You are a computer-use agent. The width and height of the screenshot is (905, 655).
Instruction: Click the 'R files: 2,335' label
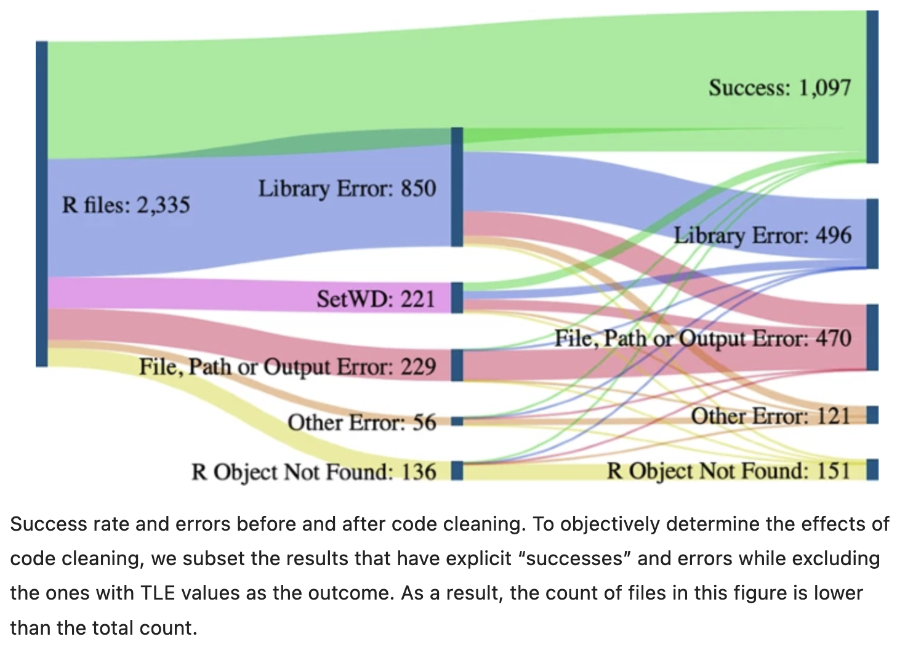[x=126, y=205]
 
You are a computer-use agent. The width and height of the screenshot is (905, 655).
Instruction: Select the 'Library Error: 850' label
[x=347, y=188]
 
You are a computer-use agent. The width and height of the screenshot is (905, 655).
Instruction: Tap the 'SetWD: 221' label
[x=376, y=299]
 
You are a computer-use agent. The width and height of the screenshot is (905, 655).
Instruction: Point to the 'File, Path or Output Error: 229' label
[x=287, y=367]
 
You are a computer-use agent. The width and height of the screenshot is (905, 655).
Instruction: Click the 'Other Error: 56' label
[x=361, y=423]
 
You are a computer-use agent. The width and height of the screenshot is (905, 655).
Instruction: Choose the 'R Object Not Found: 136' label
[x=313, y=472]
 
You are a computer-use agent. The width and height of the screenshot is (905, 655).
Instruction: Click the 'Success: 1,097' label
[x=779, y=87]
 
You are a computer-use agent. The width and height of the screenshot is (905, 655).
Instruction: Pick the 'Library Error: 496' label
[x=762, y=235]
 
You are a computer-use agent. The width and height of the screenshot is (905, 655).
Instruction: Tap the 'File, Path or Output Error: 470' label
[x=702, y=339]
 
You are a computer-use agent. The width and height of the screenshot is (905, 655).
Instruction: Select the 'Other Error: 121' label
[x=770, y=416]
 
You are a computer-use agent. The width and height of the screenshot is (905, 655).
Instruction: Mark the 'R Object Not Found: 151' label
[x=728, y=471]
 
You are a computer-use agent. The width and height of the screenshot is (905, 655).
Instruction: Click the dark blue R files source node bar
[x=41, y=204]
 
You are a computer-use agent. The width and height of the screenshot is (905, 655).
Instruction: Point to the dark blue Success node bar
[x=872, y=87]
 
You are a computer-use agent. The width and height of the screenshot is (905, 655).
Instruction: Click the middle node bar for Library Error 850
[x=457, y=187]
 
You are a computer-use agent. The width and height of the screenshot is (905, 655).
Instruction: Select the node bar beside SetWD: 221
[x=457, y=298]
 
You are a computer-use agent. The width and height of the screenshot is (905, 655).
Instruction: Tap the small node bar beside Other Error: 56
[x=457, y=422]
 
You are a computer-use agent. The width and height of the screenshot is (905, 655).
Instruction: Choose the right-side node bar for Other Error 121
[x=872, y=415]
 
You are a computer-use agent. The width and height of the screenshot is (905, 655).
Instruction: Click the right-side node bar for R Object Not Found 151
[x=872, y=470]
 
